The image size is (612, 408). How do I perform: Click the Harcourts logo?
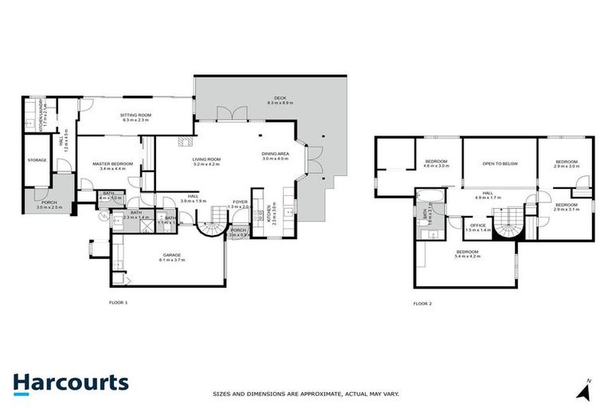pos(70,382)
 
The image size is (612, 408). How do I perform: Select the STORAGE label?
pos(37,160)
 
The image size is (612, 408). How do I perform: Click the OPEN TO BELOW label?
pos(500,163)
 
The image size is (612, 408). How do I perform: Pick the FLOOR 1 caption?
pos(118,303)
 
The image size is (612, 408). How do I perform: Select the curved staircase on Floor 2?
pos(507,224)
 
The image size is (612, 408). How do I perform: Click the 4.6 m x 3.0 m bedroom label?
pos(437,163)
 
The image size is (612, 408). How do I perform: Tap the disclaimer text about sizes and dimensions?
pos(305,394)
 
